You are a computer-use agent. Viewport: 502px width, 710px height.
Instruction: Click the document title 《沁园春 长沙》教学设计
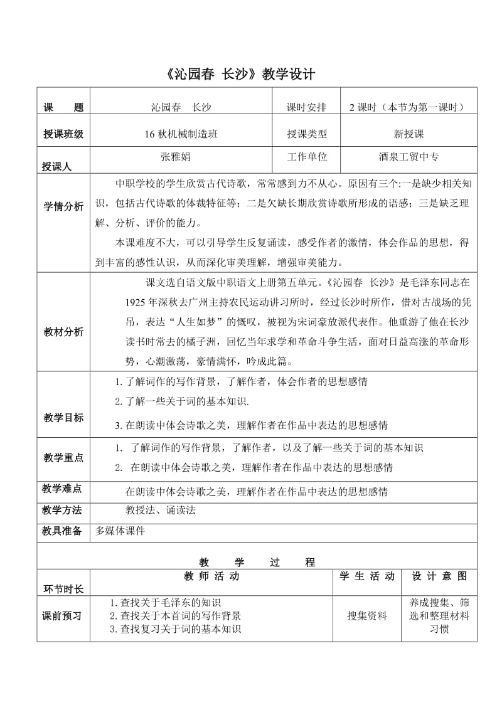coord(241,75)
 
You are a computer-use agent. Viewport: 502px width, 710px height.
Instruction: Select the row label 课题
coord(63,108)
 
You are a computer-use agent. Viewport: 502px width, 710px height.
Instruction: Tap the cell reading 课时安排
coord(307,107)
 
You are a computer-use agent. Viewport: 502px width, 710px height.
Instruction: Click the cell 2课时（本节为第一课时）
coord(406,107)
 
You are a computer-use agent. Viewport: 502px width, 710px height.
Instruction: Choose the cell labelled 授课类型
coord(307,134)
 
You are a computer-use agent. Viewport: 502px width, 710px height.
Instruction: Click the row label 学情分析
coord(63,206)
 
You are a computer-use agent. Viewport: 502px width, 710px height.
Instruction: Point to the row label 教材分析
coord(63,332)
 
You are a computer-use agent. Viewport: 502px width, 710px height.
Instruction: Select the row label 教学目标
coord(63,417)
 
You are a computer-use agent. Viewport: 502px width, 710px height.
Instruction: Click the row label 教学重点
coord(63,458)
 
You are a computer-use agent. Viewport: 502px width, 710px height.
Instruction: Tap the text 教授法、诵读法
coord(161,510)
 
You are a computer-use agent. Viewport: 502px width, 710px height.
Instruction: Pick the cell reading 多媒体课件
coord(120,531)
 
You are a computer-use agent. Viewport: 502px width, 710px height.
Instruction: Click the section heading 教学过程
coord(257,562)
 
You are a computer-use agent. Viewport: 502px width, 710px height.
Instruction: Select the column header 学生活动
coord(367,576)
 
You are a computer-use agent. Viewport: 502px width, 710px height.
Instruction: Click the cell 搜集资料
coord(367,615)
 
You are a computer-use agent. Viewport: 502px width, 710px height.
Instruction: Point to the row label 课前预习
coord(63,615)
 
